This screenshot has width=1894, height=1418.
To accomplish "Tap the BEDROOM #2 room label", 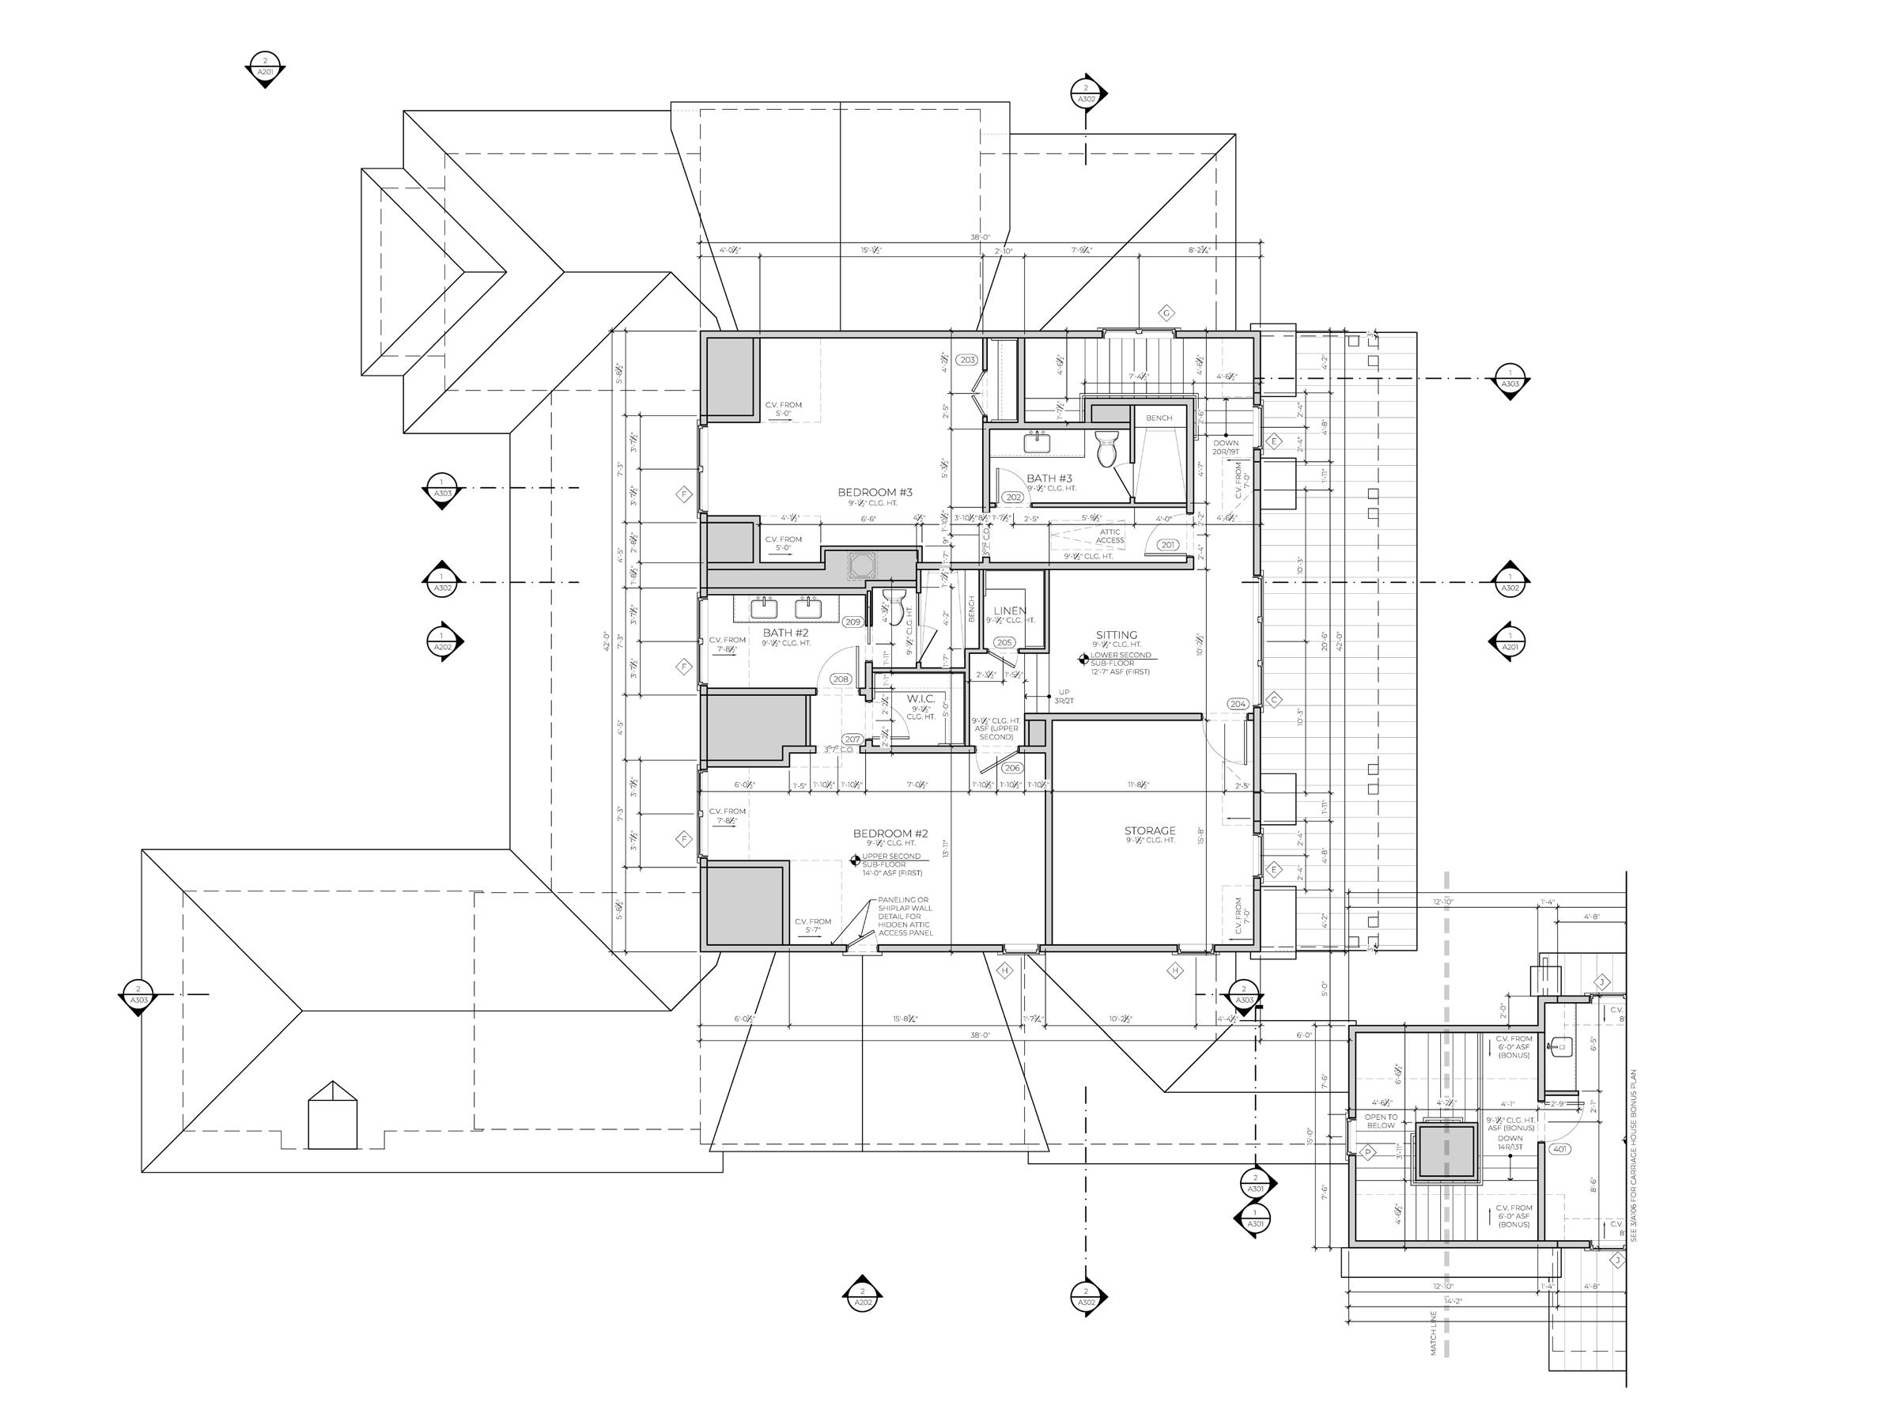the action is (890, 833).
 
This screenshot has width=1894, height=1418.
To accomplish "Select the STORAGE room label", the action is (1149, 830).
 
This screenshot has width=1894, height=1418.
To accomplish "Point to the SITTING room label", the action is (1117, 635).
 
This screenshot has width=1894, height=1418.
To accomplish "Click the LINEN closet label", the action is (1011, 611).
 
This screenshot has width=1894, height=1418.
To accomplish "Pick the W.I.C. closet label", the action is (921, 699).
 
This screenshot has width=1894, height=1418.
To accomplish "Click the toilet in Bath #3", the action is (1106, 448).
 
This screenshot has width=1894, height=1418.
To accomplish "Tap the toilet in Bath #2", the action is (893, 607).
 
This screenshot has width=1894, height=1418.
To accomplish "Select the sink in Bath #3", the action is (1038, 442).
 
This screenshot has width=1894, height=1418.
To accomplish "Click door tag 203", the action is (967, 361).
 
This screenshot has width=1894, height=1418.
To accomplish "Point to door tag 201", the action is (1168, 545).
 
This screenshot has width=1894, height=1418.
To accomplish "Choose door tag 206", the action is (1012, 768).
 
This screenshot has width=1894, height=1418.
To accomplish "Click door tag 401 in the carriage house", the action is (1559, 1149).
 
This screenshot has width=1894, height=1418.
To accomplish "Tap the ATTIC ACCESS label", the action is (1110, 536).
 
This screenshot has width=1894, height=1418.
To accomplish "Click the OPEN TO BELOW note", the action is (1380, 1121).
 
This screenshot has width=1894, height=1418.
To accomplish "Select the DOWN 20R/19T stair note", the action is (1225, 447).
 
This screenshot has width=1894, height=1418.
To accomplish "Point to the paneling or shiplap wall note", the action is (905, 917).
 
